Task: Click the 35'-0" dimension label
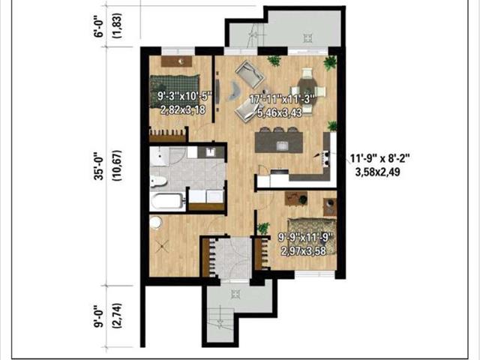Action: click(x=100, y=166)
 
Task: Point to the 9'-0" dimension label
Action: click(x=100, y=316)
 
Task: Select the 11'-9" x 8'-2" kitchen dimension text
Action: click(x=379, y=158)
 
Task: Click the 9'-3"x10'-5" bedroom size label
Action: click(x=184, y=97)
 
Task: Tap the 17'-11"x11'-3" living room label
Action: click(x=282, y=100)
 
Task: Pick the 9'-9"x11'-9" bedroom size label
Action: click(x=305, y=237)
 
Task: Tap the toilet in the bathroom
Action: click(x=158, y=181)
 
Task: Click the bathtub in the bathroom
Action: click(x=167, y=202)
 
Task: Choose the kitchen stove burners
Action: click(x=325, y=158)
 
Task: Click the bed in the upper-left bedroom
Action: click(x=174, y=91)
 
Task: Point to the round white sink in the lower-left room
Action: click(x=156, y=223)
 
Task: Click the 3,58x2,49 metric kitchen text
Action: click(x=377, y=172)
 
